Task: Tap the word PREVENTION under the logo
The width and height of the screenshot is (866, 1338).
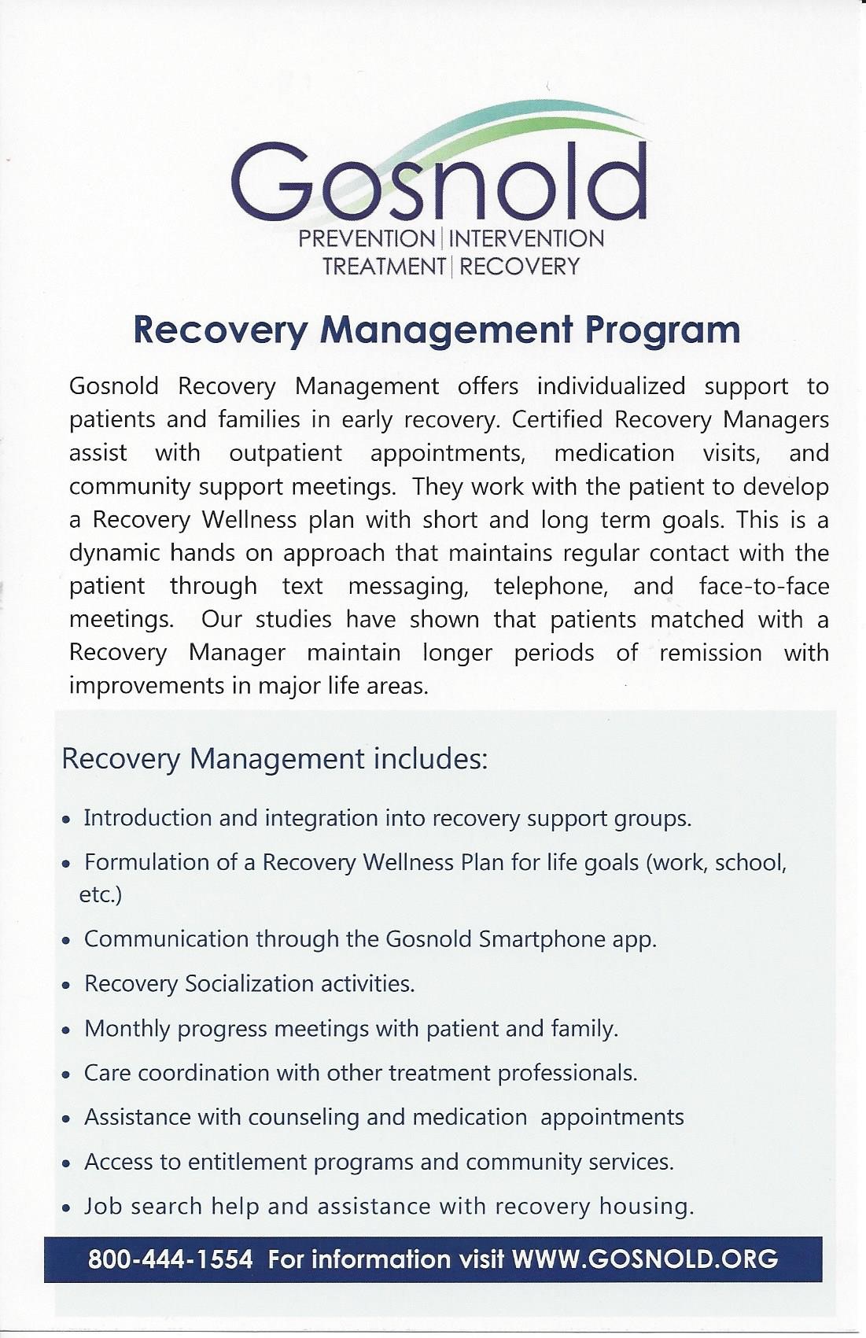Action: point(367,239)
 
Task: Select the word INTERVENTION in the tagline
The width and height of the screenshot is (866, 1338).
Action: point(526,239)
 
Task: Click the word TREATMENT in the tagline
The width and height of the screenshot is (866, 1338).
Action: point(384,267)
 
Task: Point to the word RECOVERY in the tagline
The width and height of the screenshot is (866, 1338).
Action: point(519,267)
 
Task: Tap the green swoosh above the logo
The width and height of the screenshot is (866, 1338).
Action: point(503,134)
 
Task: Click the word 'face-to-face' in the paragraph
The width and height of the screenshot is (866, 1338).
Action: point(763,586)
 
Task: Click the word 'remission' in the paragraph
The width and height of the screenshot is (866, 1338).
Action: point(710,653)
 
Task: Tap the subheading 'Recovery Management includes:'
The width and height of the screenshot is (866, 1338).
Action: point(275,759)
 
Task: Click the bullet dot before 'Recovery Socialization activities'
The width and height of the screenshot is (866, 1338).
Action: point(68,986)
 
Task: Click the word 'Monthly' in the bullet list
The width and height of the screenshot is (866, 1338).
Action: point(127,1029)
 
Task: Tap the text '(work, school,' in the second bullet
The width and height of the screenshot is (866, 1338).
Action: point(716,863)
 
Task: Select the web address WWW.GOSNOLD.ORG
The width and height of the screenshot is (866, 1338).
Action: point(644,1259)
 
